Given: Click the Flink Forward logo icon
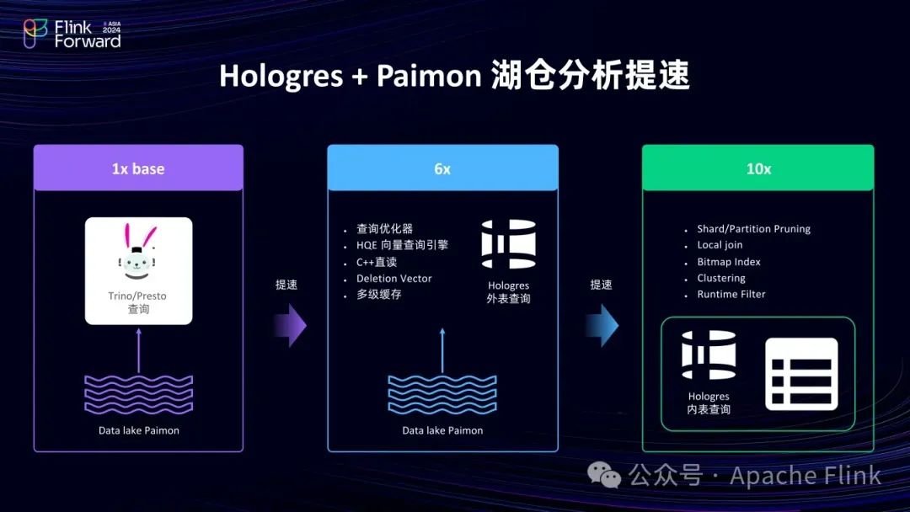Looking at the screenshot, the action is (35, 34).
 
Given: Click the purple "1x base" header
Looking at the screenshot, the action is (138, 168).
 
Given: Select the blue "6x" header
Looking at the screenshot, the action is (442, 168).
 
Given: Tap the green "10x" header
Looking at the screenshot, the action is (758, 168).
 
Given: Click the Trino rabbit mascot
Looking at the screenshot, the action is (138, 253).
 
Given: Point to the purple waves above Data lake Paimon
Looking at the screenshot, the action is (138, 394).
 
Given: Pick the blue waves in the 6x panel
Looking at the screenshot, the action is (442, 394).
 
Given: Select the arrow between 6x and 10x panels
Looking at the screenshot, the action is (603, 325).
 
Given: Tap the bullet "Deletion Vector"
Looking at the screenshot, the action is (393, 279).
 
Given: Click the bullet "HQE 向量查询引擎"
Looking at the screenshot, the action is (402, 245).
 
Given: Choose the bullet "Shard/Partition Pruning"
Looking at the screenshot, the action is (753, 229).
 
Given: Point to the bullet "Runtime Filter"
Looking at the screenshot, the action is (731, 295).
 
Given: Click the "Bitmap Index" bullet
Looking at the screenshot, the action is (728, 262).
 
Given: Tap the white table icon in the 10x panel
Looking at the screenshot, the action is (801, 374).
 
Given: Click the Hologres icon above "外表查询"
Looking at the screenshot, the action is (509, 244).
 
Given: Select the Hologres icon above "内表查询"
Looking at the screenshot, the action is (709, 355).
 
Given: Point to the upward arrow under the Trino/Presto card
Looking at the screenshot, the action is (139, 349).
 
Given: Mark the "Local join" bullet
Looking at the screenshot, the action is (720, 245).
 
